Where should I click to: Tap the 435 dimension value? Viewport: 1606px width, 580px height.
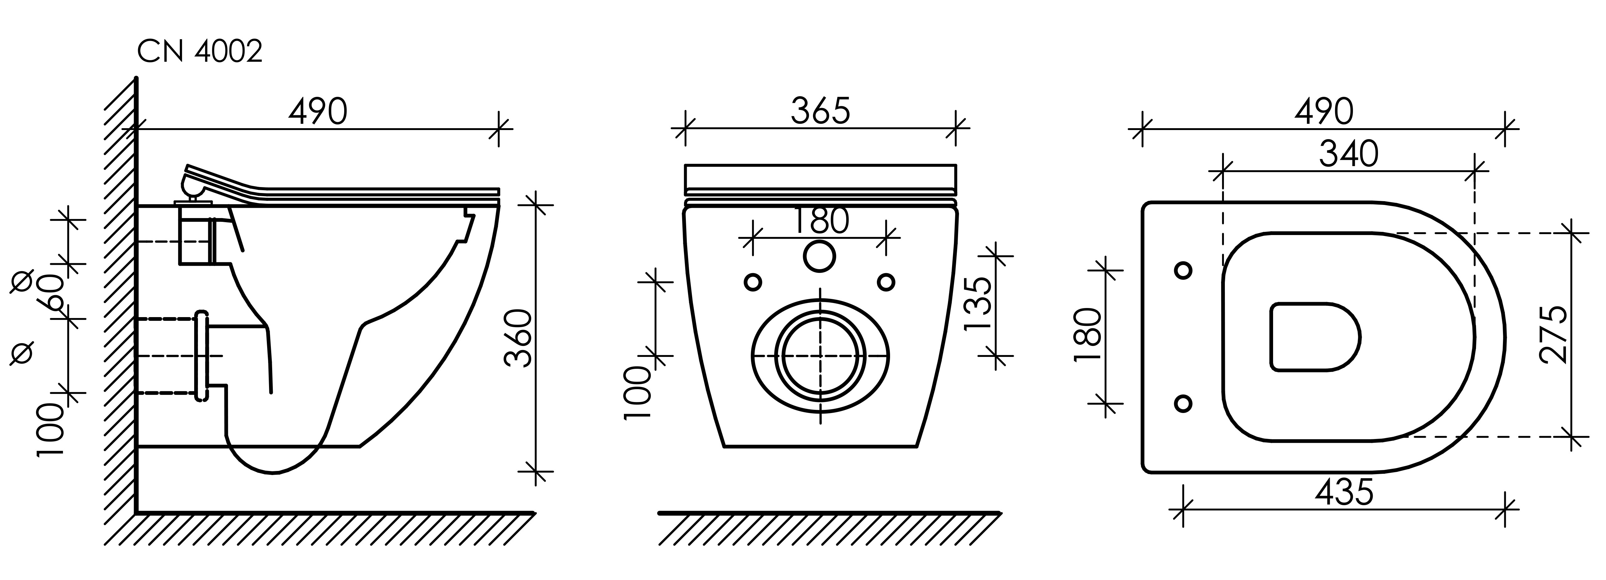tap(1344, 493)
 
